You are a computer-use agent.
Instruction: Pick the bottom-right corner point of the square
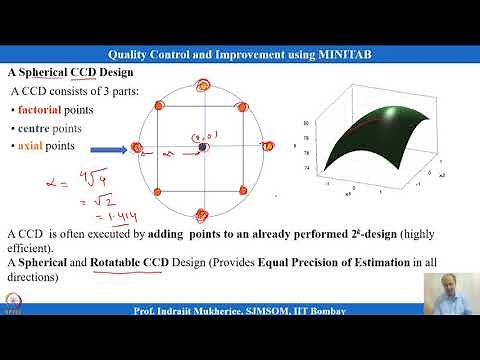245,190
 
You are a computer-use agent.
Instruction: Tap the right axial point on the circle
268,148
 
